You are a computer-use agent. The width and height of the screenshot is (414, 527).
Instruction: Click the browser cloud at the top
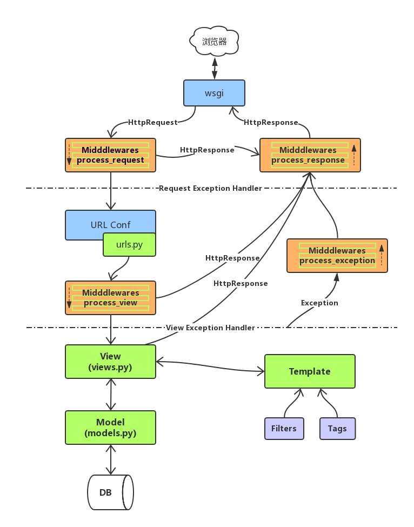(x=215, y=41)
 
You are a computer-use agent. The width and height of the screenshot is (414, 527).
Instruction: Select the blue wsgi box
(x=214, y=92)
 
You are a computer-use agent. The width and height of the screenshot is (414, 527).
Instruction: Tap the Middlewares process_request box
(x=110, y=155)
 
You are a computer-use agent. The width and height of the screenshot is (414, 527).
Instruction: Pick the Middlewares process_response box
(x=310, y=155)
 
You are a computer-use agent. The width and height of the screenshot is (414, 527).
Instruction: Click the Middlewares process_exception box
(x=337, y=256)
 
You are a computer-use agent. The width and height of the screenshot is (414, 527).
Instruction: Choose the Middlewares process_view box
(x=110, y=297)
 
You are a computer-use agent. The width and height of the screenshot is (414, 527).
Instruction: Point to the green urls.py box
(x=129, y=244)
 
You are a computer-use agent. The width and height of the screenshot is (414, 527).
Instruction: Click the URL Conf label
(x=110, y=224)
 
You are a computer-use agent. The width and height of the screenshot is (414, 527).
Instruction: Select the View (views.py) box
(x=110, y=362)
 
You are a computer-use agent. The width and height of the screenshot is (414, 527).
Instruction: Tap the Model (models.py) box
(x=110, y=428)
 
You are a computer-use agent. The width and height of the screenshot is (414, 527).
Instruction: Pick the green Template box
(x=310, y=371)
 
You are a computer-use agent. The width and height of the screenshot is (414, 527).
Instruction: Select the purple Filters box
(x=284, y=429)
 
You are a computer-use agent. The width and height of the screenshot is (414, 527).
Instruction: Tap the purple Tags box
(x=337, y=429)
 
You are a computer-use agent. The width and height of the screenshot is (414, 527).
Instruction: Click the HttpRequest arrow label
(x=152, y=122)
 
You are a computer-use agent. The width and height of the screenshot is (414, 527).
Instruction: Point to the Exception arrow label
(x=319, y=303)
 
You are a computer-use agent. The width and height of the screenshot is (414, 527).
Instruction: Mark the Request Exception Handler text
(x=210, y=188)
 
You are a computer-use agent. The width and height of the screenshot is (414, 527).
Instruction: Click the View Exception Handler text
(x=210, y=328)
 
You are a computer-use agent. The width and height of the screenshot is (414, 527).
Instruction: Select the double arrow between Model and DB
(x=111, y=459)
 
